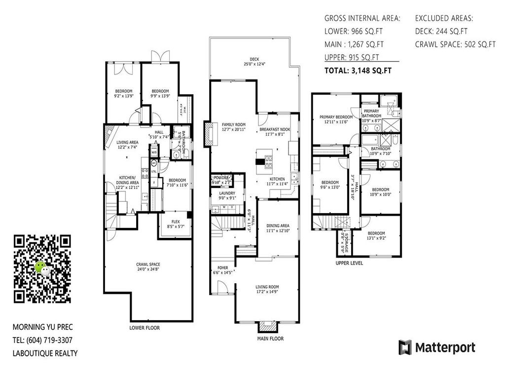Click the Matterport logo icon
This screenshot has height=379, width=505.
(405, 347)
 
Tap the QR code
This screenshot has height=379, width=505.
(42, 269)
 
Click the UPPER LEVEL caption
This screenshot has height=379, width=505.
(349, 263)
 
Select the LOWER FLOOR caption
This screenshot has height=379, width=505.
(144, 328)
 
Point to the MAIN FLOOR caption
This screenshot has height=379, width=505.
(270, 339)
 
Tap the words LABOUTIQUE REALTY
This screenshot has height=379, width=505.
(45, 353)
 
